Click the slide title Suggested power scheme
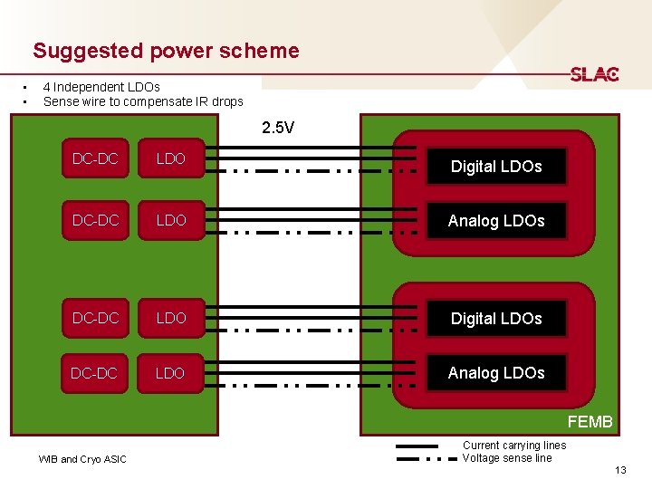point(166,51)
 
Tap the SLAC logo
point(594,74)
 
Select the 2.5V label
point(278,128)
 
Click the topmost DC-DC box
point(95,159)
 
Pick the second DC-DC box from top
point(95,220)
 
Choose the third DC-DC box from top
point(95,318)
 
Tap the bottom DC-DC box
point(95,373)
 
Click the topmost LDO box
point(170,159)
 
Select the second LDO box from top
point(170,220)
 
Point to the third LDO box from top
point(170,318)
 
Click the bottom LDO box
point(170,373)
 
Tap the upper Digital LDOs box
point(496,167)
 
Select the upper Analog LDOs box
point(496,221)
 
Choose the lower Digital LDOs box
point(496,319)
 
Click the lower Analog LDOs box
point(496,373)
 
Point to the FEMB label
point(590,422)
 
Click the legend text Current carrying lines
point(513,446)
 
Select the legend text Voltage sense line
point(506,458)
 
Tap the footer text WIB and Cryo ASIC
point(82,459)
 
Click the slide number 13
point(619,469)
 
